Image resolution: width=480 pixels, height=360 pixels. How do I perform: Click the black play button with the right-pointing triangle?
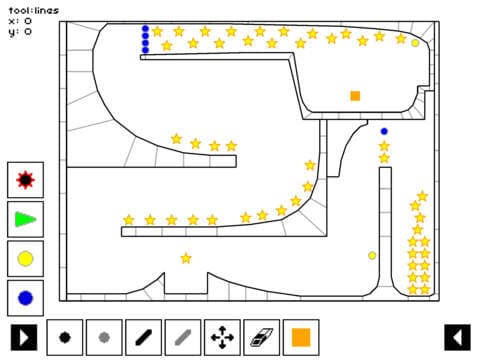click(24, 337)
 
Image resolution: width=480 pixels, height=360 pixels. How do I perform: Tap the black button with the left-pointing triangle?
click(457, 337)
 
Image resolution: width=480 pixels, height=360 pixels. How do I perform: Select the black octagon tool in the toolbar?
click(65, 337)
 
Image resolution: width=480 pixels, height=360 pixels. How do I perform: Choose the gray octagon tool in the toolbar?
click(104, 337)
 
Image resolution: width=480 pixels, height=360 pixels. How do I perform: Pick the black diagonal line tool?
click(143, 337)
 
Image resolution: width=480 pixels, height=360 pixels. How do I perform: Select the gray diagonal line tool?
click(183, 337)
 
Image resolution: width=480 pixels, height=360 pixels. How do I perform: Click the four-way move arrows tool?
click(222, 337)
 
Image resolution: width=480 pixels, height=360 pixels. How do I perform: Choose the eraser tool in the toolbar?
click(261, 337)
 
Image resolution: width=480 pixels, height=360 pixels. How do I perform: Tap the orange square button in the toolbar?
click(301, 337)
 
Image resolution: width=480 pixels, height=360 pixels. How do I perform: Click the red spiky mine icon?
click(25, 180)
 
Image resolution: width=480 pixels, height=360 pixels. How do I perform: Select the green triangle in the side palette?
click(25, 219)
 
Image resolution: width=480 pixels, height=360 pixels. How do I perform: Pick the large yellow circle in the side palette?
click(25, 259)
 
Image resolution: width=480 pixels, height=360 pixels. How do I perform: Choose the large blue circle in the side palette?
click(25, 298)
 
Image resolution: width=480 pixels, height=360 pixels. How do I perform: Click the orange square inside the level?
click(355, 96)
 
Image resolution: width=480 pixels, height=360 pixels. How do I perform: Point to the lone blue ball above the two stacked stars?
click(384, 131)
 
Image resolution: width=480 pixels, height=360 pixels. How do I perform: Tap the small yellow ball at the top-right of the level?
click(415, 43)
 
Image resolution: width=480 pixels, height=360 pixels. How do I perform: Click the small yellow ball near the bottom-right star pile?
click(372, 256)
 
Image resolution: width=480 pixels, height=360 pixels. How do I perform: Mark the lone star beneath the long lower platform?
click(186, 258)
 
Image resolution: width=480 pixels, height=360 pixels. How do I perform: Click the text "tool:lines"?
click(34, 11)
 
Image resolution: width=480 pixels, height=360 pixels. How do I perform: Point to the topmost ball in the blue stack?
click(145, 29)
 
